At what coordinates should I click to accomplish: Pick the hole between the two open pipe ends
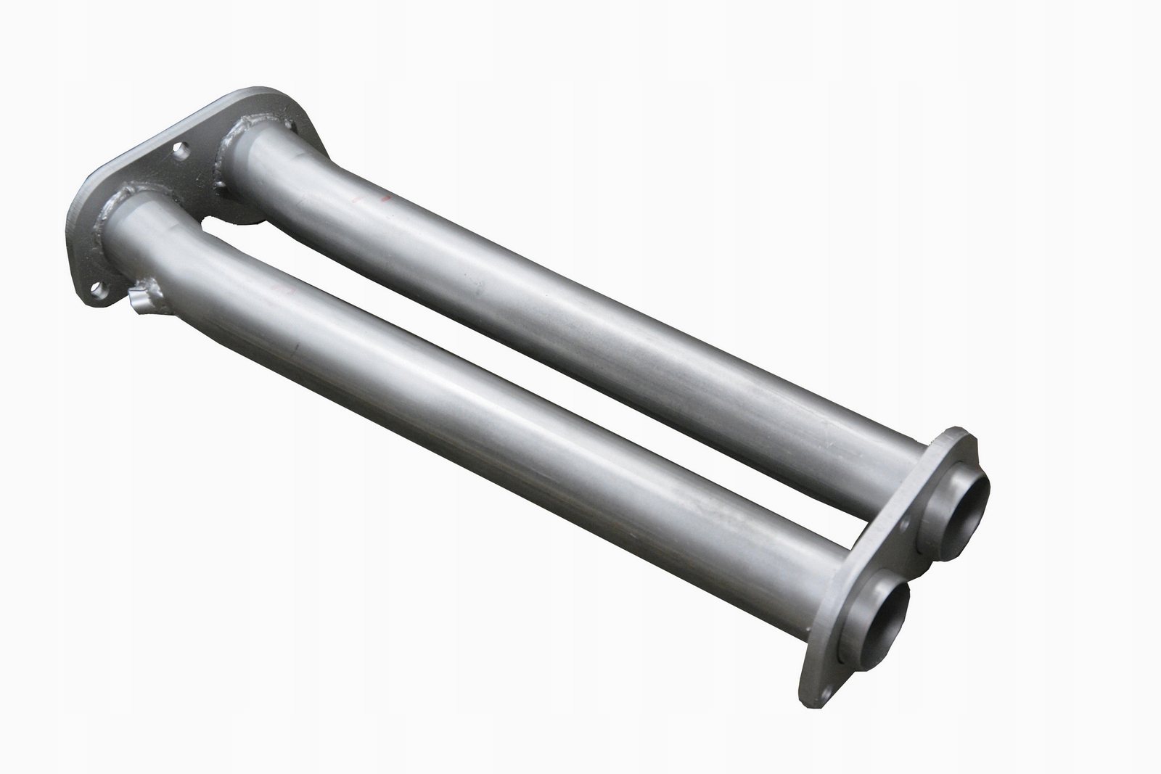coord(905,524)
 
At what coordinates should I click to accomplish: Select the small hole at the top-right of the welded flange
coord(290,127)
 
